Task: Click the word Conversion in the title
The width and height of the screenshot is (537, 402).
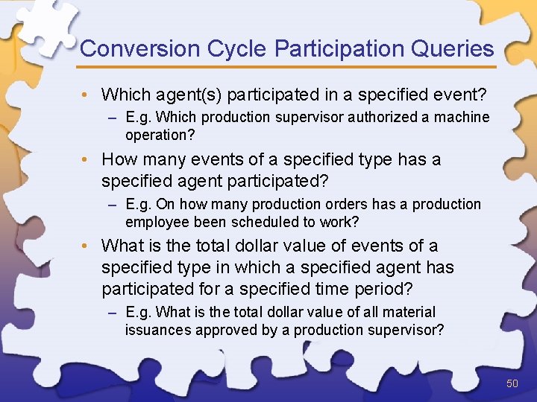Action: tap(130, 49)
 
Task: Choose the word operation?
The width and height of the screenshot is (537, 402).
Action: tap(158, 135)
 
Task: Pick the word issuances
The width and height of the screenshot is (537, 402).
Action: tap(157, 330)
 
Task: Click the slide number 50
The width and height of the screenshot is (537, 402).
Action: tap(512, 383)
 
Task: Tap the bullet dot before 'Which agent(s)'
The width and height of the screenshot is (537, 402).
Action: tap(87, 95)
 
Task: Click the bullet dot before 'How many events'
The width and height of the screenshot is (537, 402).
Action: tap(87, 160)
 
